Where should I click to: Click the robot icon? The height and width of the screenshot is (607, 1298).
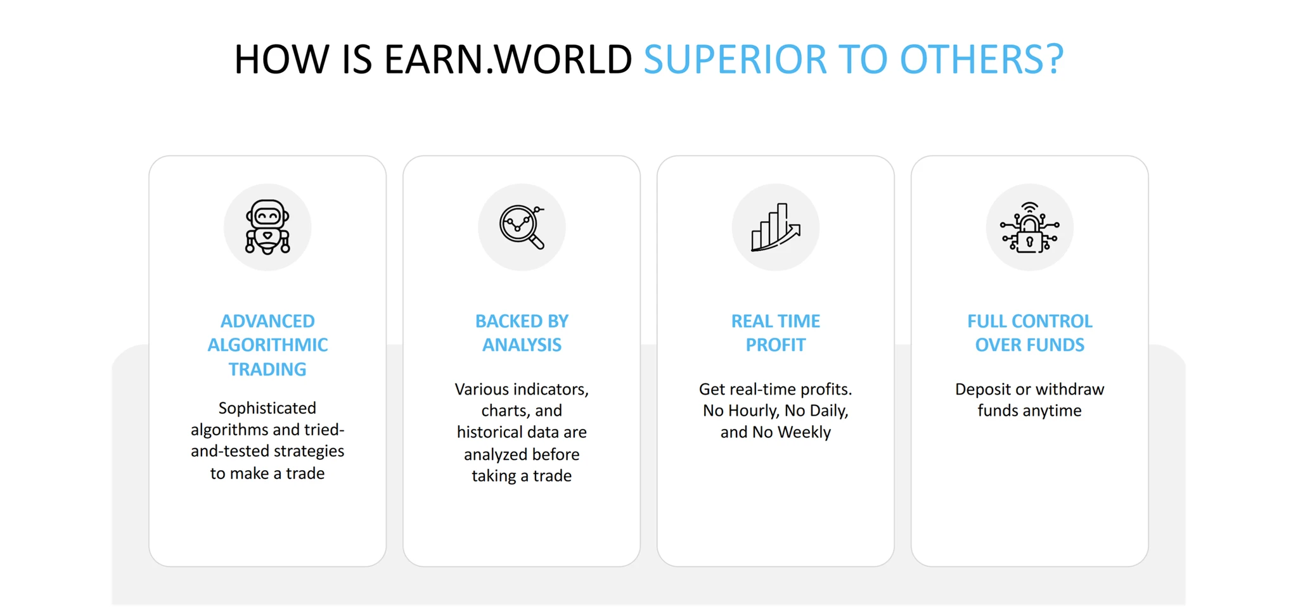267,227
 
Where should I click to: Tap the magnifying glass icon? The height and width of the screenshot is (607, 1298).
522,227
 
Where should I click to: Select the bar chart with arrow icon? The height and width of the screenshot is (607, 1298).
776,227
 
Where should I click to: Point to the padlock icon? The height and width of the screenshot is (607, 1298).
1030,227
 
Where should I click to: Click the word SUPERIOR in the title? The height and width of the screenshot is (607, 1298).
735,60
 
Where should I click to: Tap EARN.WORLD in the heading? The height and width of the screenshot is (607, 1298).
508,60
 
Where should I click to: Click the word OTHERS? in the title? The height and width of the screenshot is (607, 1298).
982,60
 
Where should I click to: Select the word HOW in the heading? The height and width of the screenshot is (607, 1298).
281,60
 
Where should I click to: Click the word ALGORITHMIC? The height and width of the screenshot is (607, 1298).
267,345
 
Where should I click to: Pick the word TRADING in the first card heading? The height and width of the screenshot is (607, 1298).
267,369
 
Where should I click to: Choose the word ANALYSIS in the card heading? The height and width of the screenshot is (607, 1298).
522,345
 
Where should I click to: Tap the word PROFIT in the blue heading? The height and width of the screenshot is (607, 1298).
776,345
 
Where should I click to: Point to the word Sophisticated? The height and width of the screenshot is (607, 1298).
267,409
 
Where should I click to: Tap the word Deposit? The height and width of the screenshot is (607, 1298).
983,390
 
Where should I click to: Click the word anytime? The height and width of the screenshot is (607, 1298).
1056,411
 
